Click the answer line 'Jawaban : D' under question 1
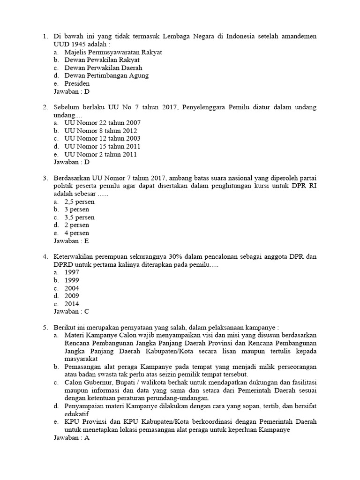click(x=71, y=91)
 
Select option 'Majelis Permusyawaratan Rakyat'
click(x=113, y=52)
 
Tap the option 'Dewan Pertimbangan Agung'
click(x=106, y=75)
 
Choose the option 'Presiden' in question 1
click(x=77, y=83)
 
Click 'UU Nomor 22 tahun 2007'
click(x=102, y=123)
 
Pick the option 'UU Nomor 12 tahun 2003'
click(x=102, y=138)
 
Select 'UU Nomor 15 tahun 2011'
click(x=102, y=146)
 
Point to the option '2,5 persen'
click(x=79, y=202)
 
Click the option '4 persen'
click(x=76, y=233)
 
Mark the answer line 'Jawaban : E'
click(x=71, y=241)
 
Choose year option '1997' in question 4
click(x=72, y=272)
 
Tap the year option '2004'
click(x=72, y=288)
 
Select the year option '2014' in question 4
click(x=72, y=304)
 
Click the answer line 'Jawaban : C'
click(x=71, y=312)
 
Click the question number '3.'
click(x=45, y=178)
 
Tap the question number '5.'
click(x=45, y=327)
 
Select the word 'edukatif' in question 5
click(x=77, y=414)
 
